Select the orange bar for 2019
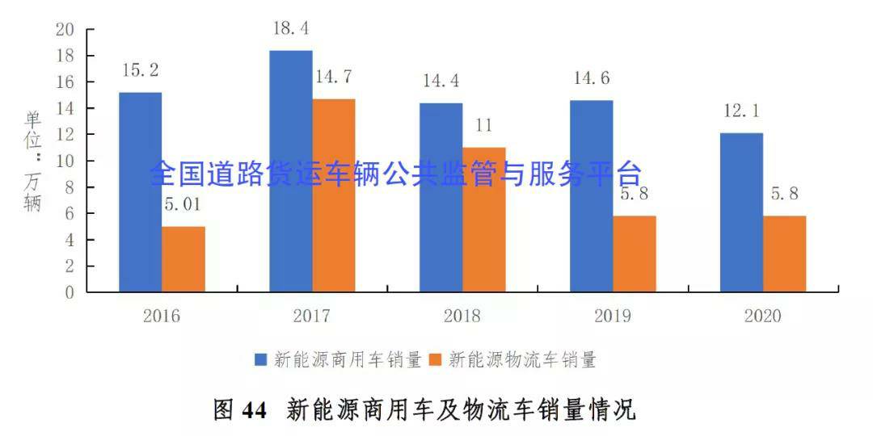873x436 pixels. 635,254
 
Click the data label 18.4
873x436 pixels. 291,29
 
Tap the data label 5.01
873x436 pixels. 183,205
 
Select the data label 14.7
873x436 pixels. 334,78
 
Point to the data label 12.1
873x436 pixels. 741,111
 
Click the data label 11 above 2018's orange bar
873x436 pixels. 483,126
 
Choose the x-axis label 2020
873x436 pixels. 762,316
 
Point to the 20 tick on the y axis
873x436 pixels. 65,30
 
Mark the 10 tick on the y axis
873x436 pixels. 65,161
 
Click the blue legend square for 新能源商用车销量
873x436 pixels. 262,360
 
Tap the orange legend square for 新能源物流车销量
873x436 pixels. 436,360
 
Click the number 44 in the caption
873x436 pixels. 254,411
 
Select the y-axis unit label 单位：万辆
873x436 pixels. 32,161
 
